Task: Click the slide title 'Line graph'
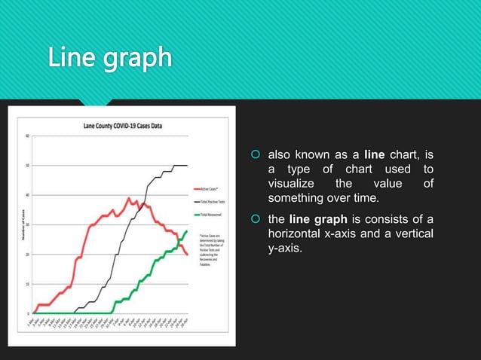[110, 57]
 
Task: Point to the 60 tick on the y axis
[27, 136]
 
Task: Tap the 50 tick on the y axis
[27, 166]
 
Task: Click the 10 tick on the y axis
[27, 284]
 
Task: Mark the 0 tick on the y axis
[28, 313]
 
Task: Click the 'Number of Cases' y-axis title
[18, 225]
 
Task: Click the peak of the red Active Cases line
[129, 198]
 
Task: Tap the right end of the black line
[187, 166]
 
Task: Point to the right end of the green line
[187, 231]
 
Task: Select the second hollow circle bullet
[256, 219]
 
